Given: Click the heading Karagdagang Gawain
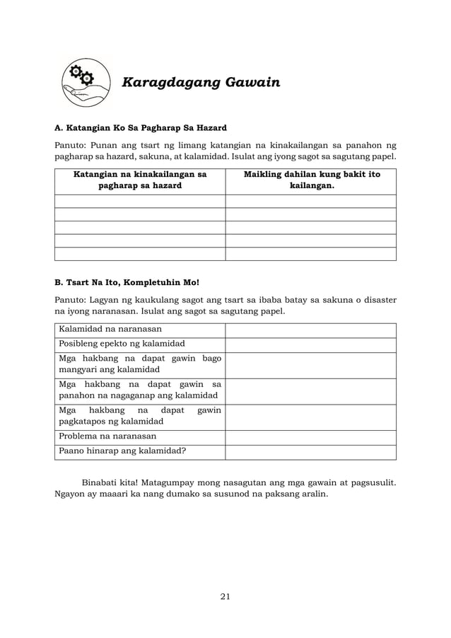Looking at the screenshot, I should pyautogui.click(x=201, y=83).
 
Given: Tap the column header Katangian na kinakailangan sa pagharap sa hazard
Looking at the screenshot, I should pyautogui.click(x=139, y=180).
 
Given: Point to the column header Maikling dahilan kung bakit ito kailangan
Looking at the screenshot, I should pyautogui.click(x=311, y=180).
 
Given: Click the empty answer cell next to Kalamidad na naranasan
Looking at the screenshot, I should pyautogui.click(x=310, y=330).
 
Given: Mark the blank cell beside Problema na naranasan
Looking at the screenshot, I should pyautogui.click(x=310, y=436).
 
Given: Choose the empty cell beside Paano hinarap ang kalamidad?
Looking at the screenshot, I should pyautogui.click(x=310, y=451).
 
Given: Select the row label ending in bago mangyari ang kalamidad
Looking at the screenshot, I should pyautogui.click(x=139, y=364).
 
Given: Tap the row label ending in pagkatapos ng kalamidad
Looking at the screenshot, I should pyautogui.click(x=139, y=416).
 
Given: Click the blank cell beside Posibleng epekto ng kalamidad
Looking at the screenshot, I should pyautogui.click(x=310, y=344).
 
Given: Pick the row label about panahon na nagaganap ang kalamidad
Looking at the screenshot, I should pyautogui.click(x=139, y=390).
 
